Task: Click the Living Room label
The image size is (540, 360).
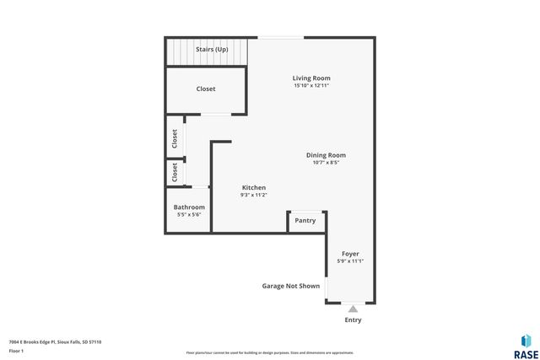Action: tap(311, 78)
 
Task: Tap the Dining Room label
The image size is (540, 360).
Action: tap(326, 155)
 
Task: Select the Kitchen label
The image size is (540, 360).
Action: tap(254, 187)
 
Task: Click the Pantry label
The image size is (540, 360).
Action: tap(305, 221)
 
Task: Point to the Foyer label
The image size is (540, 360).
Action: tap(350, 254)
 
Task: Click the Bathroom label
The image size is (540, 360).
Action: tap(189, 207)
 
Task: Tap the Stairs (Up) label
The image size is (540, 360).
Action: tap(212, 50)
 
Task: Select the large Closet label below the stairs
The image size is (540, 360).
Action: tap(206, 89)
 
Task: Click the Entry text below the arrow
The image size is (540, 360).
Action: tap(353, 320)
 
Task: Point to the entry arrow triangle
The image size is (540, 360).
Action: tap(353, 309)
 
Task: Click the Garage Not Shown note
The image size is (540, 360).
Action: tap(291, 286)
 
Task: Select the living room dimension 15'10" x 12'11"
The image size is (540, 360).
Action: tap(311, 85)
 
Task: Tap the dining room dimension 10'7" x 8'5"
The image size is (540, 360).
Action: tap(326, 162)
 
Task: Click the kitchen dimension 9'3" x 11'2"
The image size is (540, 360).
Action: tap(254, 195)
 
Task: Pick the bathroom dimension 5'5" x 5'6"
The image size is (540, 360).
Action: tap(189, 214)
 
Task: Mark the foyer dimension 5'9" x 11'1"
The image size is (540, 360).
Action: tap(350, 261)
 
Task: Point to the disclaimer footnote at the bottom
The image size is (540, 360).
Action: tap(270, 352)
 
